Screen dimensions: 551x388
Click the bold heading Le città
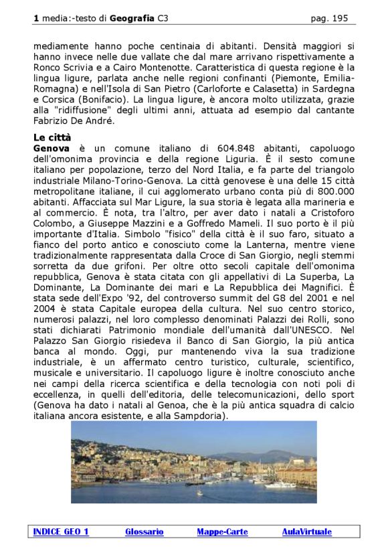tap(52, 137)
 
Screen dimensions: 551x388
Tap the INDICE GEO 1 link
tap(61, 532)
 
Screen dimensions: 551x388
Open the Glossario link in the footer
tap(144, 532)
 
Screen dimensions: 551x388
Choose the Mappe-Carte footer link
tap(222, 532)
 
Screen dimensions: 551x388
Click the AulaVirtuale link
tap(306, 532)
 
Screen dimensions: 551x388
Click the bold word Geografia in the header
tap(132, 18)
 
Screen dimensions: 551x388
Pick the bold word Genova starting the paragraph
tap(51, 147)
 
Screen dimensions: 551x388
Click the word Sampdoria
tap(201, 415)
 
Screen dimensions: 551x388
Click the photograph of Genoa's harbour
tap(194, 462)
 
